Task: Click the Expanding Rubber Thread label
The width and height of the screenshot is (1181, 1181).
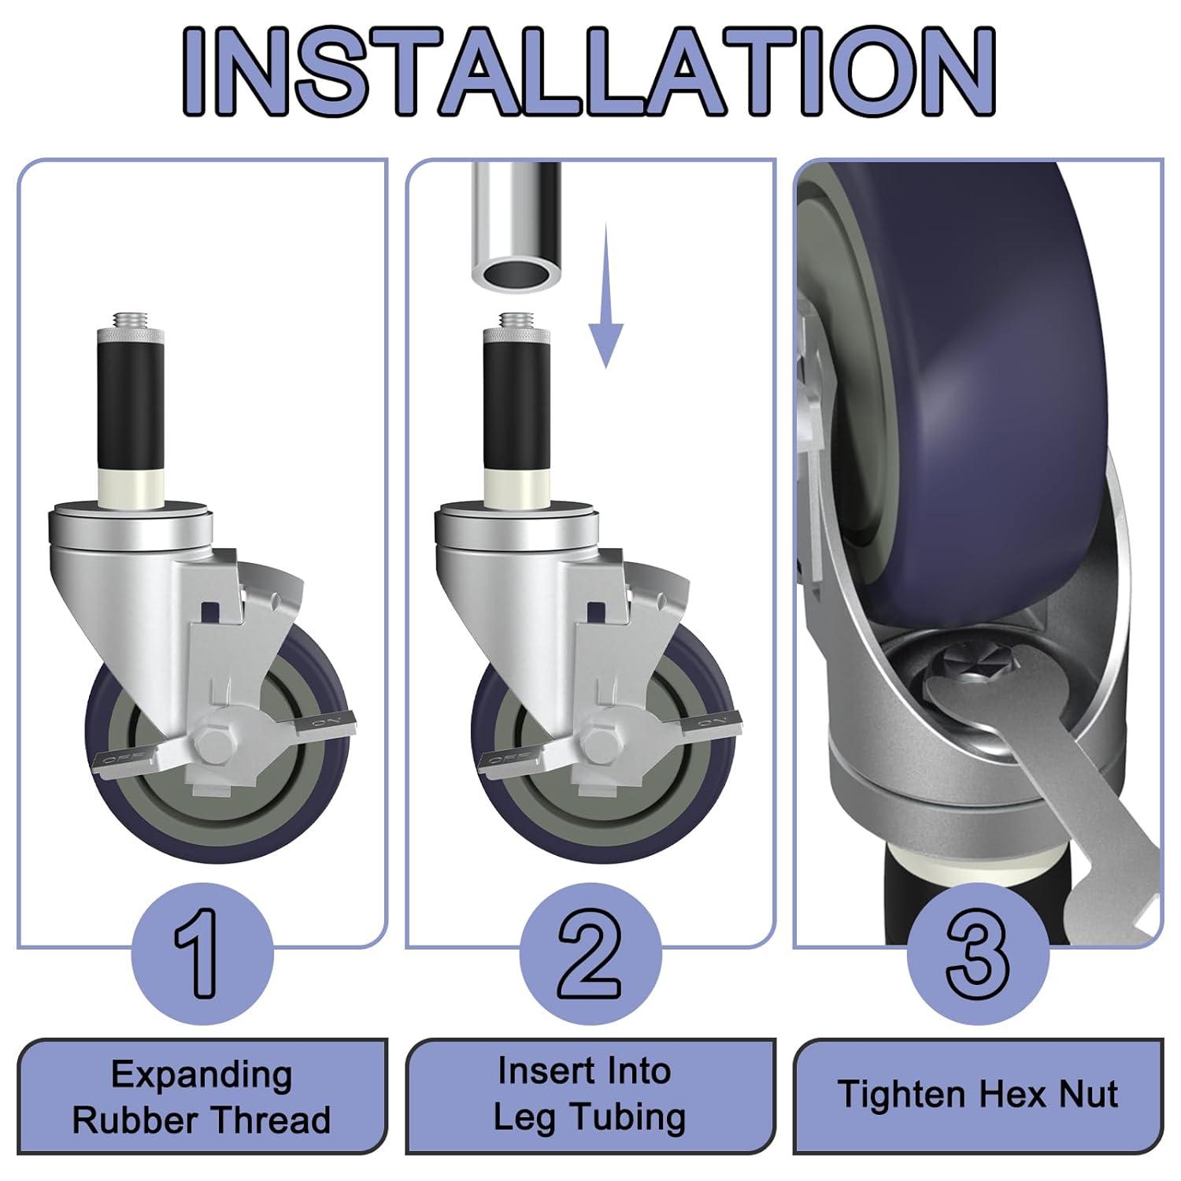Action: point(202,1097)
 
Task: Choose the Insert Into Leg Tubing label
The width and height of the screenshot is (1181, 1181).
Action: point(590,1095)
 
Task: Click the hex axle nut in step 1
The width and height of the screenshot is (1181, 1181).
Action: point(213,742)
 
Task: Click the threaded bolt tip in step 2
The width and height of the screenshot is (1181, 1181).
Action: point(517,320)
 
